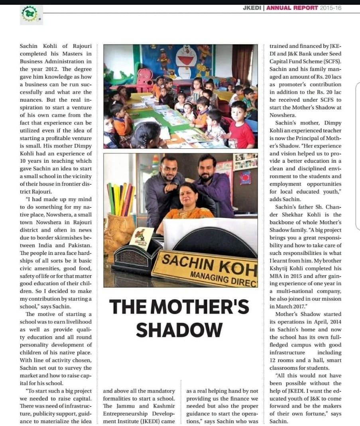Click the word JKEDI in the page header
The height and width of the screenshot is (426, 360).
click(252, 8)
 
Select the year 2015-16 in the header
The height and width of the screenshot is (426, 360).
click(330, 8)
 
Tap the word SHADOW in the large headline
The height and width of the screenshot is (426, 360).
click(179, 330)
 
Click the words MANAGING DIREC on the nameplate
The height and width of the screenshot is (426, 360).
click(223, 277)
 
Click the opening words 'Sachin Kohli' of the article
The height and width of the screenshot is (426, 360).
click(40, 46)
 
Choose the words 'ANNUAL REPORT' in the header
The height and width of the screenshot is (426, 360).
click(292, 8)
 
